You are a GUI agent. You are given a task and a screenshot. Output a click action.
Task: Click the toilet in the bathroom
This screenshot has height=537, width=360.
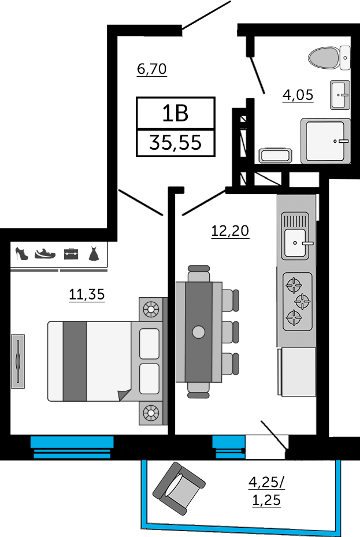(x=329, y=58)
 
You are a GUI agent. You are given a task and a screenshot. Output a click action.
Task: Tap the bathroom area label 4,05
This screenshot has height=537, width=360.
(x=298, y=95)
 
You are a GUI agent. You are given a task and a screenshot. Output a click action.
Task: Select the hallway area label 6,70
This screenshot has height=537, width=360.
(x=151, y=69)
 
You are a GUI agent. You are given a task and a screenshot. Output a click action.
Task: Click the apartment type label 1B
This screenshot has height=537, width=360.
(x=175, y=113)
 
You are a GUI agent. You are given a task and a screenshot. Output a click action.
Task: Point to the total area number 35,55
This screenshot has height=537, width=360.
(x=175, y=142)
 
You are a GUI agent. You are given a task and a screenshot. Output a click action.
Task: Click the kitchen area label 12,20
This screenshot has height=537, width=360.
(x=230, y=231)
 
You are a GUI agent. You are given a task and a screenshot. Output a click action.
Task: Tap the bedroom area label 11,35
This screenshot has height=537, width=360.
(x=87, y=295)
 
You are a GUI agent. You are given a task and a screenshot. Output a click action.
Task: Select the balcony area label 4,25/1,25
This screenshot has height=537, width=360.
(x=266, y=491)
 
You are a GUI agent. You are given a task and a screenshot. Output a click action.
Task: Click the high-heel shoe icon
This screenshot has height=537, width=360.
(x=21, y=254)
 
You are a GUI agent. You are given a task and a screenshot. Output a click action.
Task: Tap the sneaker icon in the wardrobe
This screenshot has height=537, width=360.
(x=45, y=254)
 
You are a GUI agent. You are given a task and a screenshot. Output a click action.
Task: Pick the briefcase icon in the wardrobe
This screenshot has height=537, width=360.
(x=71, y=254)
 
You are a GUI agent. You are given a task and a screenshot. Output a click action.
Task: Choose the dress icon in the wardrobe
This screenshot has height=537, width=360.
(x=94, y=254)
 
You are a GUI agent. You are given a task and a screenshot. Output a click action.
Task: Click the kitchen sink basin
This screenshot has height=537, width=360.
(x=295, y=243)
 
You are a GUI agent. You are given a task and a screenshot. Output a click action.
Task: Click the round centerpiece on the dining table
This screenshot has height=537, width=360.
(x=198, y=332)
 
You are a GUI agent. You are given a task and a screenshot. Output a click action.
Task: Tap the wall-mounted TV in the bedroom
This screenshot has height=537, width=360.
(x=18, y=361)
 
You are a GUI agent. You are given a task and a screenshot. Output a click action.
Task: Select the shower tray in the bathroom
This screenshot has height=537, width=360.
(x=325, y=141)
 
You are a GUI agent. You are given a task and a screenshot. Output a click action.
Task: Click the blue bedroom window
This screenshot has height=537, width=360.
(x=72, y=447)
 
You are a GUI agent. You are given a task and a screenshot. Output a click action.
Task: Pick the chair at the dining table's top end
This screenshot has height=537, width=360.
(x=198, y=273)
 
